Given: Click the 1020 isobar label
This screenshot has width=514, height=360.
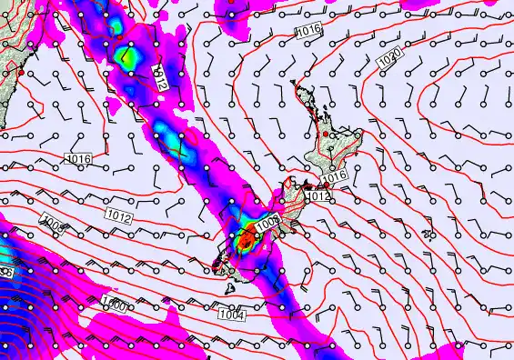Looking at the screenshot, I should tap(389, 57).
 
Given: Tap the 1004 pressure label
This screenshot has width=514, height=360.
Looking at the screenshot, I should tap(231, 315).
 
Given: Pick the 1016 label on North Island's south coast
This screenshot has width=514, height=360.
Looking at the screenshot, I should tap(335, 176).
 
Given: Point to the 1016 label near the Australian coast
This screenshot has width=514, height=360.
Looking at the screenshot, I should tap(78, 159).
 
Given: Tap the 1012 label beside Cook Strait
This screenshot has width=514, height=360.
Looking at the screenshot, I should tap(317, 195).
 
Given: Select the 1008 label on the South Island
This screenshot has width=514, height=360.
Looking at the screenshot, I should tap(266, 224).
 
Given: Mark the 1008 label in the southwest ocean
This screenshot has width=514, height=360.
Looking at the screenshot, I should tap(52, 224).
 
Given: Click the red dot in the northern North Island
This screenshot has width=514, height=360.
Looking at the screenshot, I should tap(328, 135).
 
